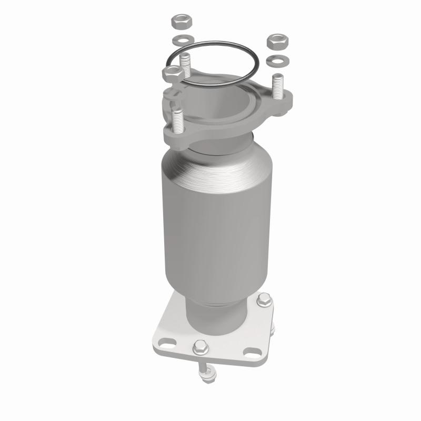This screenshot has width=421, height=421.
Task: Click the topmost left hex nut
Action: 181,23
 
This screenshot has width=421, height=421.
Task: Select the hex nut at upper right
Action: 276,41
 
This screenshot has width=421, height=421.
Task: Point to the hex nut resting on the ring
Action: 172,73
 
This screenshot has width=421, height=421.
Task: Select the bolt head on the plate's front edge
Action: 199,347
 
